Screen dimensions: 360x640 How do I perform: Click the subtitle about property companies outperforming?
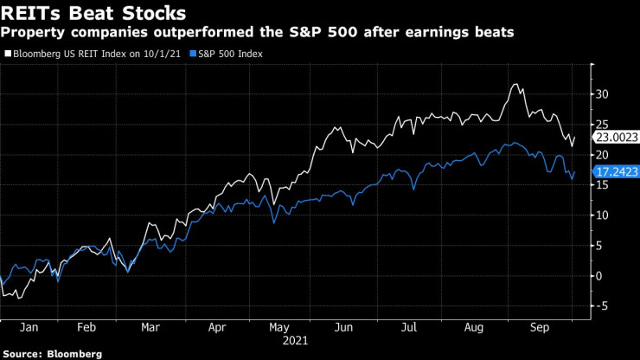pos(260,33)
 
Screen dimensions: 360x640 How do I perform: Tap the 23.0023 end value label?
pos(614,137)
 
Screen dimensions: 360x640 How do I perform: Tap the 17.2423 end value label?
pos(614,172)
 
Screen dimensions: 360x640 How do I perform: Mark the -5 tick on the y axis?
pos(601,305)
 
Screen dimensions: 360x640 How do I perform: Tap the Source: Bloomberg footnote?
pos(52,353)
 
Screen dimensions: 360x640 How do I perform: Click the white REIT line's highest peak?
pos(515,85)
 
